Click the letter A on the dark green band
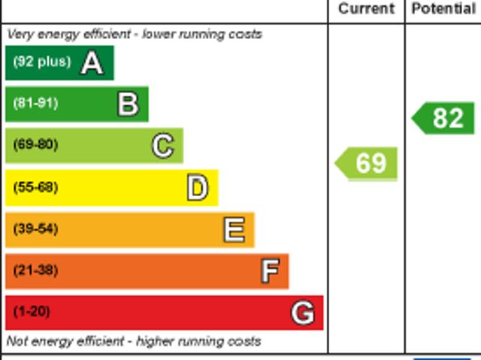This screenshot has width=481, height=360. [92, 62]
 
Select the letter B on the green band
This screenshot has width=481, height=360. [129, 104]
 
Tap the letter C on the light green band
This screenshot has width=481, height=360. [163, 145]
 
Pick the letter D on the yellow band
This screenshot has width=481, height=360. [198, 188]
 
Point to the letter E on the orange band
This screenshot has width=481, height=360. [234, 229]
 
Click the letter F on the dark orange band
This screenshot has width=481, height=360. [270, 271]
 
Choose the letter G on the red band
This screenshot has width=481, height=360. [303, 312]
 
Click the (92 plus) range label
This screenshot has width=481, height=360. [41, 62]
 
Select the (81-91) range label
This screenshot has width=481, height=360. [35, 103]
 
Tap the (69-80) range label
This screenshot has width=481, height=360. [35, 144]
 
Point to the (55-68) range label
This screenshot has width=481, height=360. [35, 187]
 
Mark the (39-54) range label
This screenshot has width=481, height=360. [35, 228]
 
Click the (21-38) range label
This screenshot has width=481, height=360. [35, 270]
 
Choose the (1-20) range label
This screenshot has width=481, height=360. [32, 311]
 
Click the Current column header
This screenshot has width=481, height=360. [366, 9]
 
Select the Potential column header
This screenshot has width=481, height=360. [443, 9]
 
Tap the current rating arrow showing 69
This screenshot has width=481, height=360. [367, 163]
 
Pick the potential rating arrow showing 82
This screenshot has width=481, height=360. [444, 119]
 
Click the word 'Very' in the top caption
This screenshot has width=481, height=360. [20, 35]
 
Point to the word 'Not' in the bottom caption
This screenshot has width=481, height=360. [17, 341]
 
